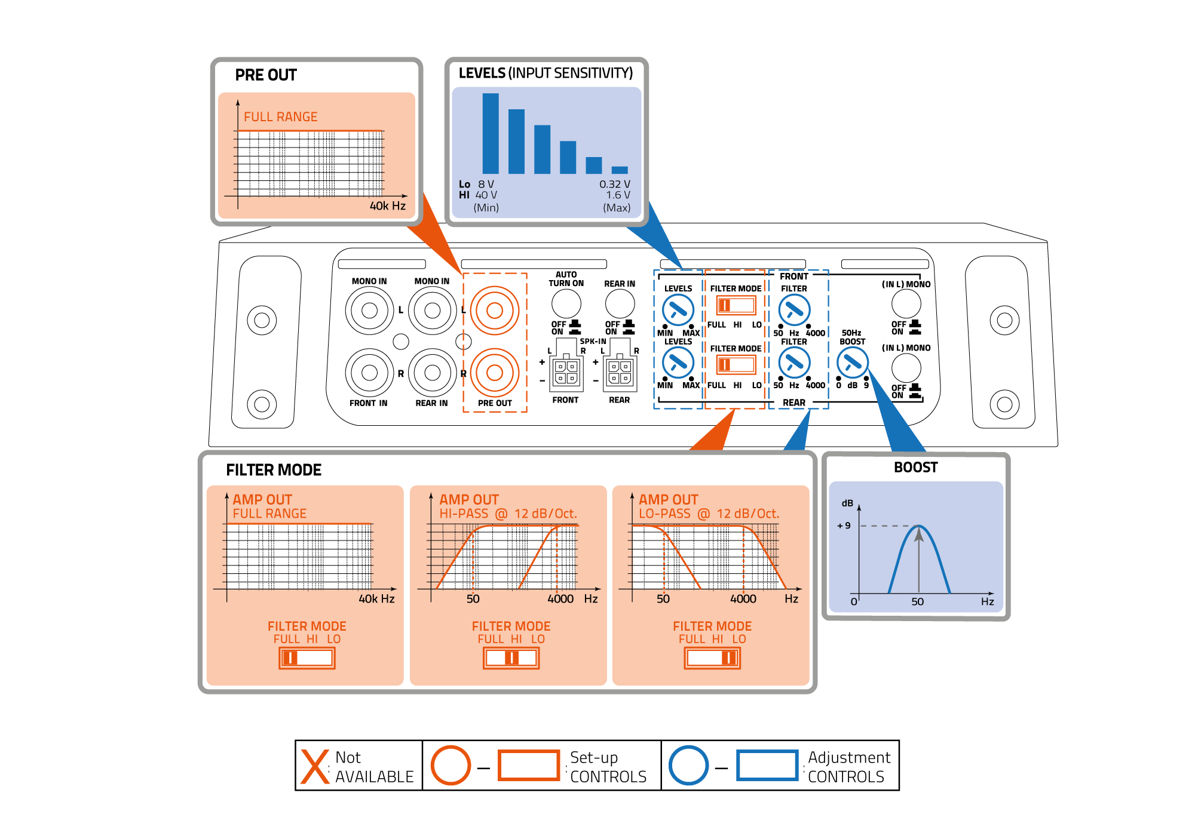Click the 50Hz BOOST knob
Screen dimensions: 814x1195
pos(852,362)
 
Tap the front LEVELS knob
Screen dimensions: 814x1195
pos(678,309)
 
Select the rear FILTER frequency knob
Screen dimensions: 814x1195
pos(794,362)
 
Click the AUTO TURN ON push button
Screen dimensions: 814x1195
pos(566,303)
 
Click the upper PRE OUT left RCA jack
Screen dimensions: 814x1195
pos(494,310)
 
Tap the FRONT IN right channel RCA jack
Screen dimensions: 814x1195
pos(369,373)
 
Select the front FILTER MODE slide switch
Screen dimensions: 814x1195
pos(736,305)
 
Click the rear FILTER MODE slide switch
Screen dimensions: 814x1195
pos(736,364)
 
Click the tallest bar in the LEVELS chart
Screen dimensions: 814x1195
pos(491,133)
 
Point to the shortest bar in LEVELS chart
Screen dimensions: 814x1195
pos(620,170)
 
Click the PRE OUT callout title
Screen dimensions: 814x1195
pos(266,75)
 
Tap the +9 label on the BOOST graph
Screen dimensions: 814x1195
pos(844,526)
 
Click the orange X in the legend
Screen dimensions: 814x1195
pos(315,766)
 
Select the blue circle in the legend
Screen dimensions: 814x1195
pos(688,766)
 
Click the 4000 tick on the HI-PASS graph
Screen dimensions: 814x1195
pos(560,598)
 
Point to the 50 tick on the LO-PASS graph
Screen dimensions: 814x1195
pos(663,598)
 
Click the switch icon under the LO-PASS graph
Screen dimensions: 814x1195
pos(712,658)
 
